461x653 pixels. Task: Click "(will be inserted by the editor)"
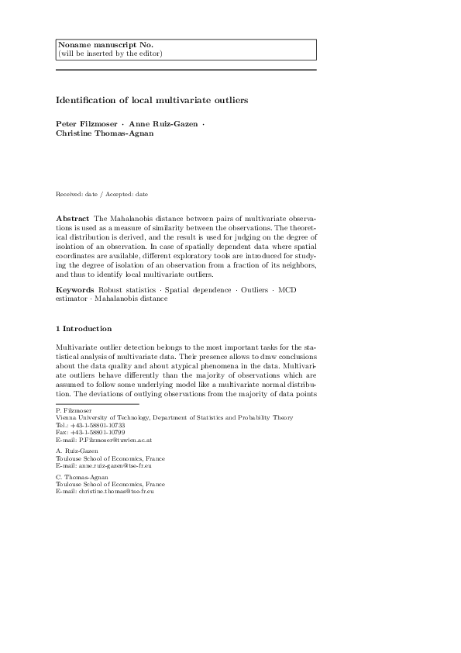(x=111, y=54)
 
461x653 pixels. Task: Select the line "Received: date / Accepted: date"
(x=102, y=193)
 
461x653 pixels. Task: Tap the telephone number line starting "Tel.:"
(x=91, y=426)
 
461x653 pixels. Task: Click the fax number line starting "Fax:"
(x=91, y=433)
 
